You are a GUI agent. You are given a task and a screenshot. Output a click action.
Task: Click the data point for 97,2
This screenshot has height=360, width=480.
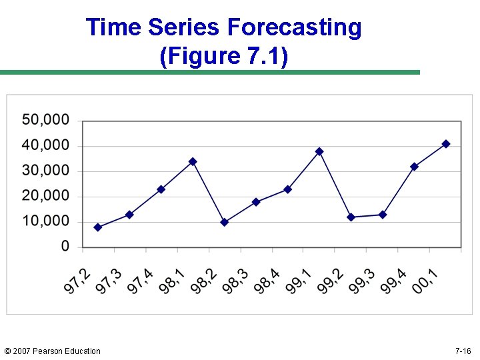point(98,227)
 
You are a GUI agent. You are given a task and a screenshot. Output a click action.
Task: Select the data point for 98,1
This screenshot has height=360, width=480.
point(193,161)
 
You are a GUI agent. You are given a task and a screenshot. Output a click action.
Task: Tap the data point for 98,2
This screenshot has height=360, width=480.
point(224,222)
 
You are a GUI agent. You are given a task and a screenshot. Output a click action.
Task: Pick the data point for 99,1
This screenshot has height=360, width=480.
point(319,151)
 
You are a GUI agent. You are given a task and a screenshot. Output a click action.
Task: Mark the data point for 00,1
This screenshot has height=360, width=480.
point(446,144)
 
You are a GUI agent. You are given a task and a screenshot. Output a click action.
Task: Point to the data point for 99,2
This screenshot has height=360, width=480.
point(351,217)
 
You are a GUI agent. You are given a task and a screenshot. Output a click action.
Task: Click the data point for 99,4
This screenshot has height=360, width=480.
point(414,167)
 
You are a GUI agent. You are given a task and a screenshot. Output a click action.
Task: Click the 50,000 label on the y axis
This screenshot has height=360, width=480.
point(45,120)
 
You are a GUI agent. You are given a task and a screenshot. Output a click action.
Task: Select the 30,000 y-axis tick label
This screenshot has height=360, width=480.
point(45,171)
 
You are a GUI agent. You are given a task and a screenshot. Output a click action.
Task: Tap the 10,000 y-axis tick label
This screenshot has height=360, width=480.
point(45,221)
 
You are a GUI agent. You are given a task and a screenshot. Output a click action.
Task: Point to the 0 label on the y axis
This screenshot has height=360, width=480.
point(65,246)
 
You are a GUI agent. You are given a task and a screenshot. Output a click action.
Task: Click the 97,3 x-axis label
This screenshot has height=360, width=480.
point(109,280)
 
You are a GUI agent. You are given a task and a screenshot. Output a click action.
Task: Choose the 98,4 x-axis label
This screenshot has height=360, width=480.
point(267,280)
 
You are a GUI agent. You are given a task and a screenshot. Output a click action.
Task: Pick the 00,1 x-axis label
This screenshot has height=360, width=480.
point(425,280)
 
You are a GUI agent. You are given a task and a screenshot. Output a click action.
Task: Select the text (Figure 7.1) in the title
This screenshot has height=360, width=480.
point(224,57)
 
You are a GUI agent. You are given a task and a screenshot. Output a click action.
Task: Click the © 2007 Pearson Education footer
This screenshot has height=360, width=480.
point(52,351)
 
